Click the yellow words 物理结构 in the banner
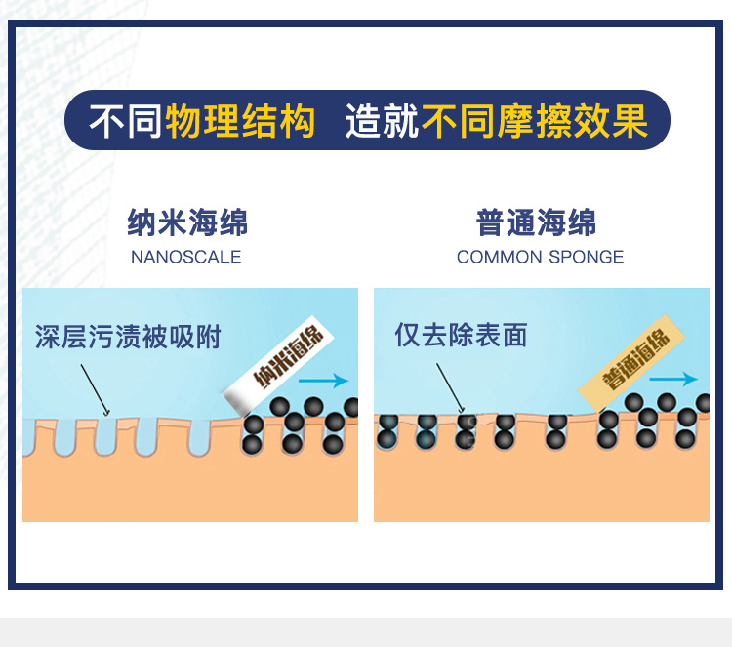pos(241,124)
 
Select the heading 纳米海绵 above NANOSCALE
pos(187,223)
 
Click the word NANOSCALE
pos(185,258)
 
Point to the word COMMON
pos(493,258)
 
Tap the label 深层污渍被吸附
pos(128,338)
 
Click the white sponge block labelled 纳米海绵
pos(278,365)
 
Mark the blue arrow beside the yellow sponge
pos(673,380)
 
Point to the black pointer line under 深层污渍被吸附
pos(95,389)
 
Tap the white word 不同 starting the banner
pos(126,124)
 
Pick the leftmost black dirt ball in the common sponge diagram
pos(387,422)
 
